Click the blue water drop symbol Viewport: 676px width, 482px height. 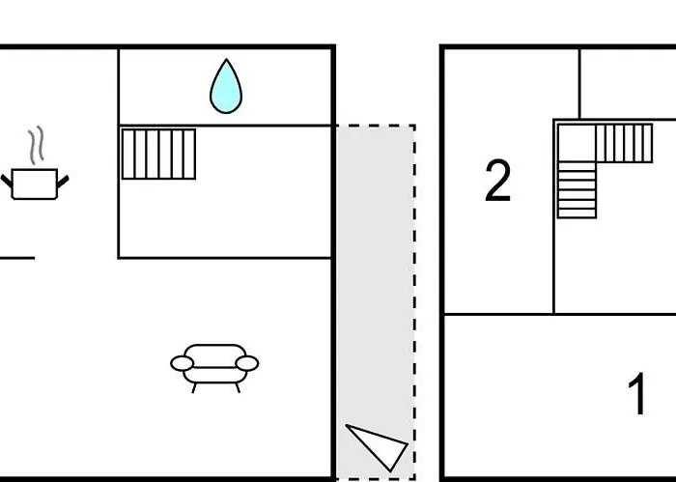[226, 87]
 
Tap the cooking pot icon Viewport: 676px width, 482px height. [35, 184]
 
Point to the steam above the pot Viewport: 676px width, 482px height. [37, 145]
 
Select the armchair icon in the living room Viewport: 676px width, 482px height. [214, 367]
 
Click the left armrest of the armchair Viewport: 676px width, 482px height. [182, 363]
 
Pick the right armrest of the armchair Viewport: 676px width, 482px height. [247, 363]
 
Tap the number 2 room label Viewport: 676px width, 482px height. [498, 181]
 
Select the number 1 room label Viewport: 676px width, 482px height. [636, 394]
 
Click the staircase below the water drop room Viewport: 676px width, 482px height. [158, 154]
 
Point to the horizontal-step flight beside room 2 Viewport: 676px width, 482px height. [577, 190]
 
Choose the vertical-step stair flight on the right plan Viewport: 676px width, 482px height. [624, 143]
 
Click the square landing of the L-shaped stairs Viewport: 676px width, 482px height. [577, 143]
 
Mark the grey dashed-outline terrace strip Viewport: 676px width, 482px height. [376, 301]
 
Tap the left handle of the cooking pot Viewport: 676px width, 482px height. [7, 181]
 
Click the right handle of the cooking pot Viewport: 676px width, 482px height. [63, 182]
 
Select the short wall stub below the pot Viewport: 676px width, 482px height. [17, 258]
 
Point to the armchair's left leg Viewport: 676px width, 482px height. [194, 388]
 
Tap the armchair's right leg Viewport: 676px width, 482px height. [238, 388]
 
